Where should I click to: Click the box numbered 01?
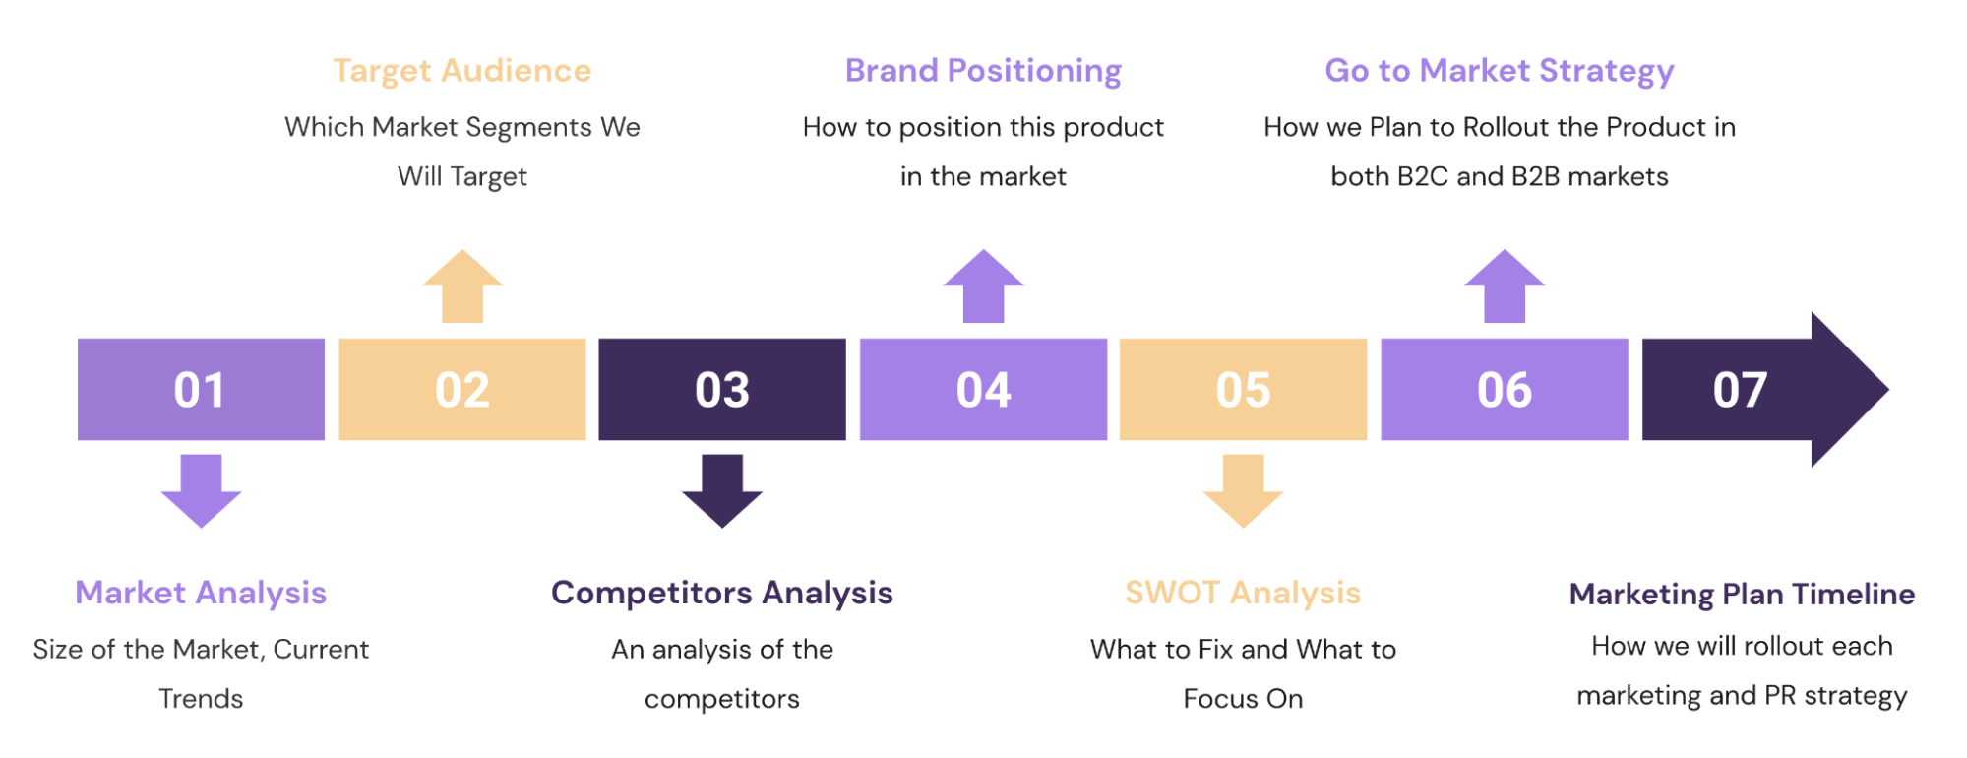(201, 389)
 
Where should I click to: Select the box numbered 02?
(461, 389)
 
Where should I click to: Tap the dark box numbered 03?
(721, 389)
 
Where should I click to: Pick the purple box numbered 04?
(983, 389)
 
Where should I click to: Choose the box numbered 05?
(1243, 389)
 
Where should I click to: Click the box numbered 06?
(1504, 389)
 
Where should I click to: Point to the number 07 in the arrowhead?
(1740, 390)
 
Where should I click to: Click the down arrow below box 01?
(201, 490)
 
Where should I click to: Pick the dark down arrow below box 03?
(721, 490)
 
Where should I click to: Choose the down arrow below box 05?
(1243, 490)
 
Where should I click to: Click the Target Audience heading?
(461, 71)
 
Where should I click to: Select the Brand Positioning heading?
(983, 71)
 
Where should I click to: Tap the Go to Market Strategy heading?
(1499, 71)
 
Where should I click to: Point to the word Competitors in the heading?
(651, 593)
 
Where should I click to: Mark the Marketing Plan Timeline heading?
(1742, 594)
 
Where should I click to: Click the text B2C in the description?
(1422, 176)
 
